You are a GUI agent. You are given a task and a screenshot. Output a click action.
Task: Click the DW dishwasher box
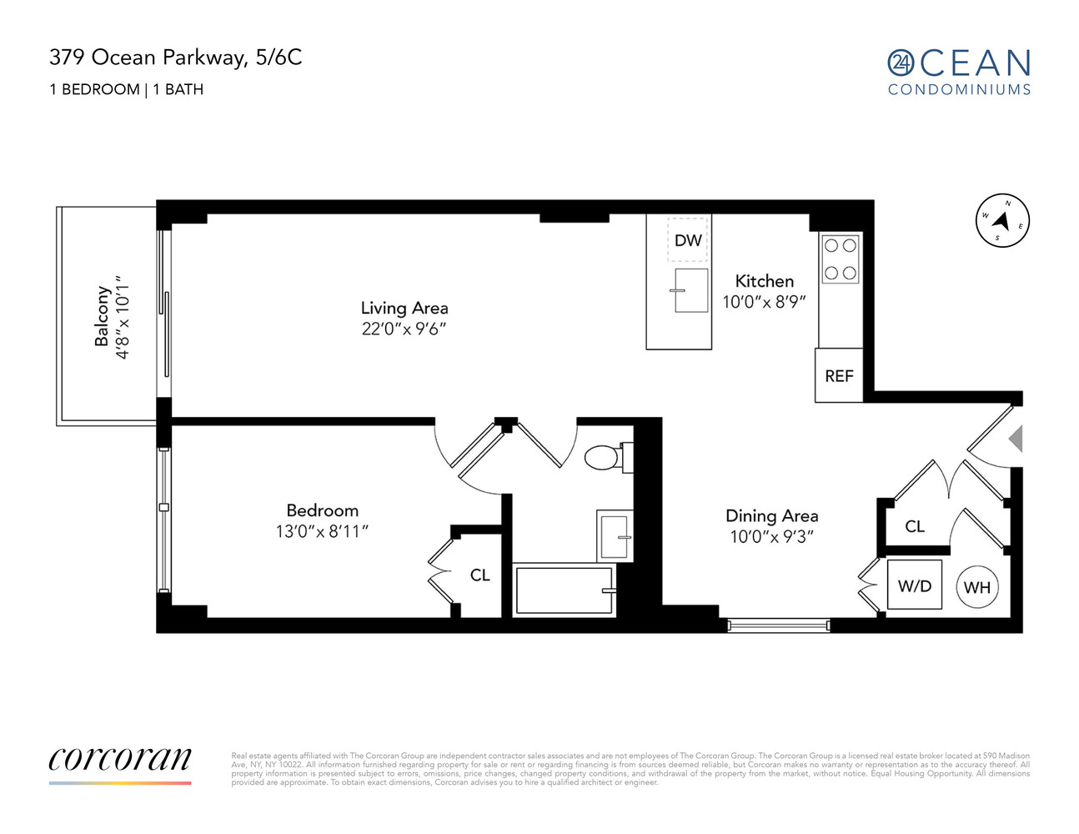[688, 239]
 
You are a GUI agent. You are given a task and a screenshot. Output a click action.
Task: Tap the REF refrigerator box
[839, 375]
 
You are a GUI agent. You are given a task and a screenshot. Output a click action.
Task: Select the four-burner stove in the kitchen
[841, 259]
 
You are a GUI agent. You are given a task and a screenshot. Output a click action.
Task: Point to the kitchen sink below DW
[691, 290]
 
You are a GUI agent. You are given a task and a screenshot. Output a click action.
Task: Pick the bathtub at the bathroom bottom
[565, 590]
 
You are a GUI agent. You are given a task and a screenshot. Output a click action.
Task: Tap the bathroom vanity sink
[615, 535]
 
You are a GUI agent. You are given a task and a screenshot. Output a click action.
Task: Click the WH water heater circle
[976, 587]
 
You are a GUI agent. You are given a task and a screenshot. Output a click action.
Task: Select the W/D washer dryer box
[914, 585]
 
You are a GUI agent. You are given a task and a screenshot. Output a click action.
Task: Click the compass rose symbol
[1002, 221]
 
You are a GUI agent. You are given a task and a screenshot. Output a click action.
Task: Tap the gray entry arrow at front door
[1016, 439]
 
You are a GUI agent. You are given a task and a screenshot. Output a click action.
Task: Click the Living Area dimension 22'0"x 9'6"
[404, 329]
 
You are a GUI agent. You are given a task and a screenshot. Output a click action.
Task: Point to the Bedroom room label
[322, 510]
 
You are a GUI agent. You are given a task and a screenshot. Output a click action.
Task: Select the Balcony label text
[103, 316]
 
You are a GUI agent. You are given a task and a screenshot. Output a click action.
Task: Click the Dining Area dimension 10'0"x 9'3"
[771, 536]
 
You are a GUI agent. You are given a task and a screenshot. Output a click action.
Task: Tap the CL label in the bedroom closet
[479, 575]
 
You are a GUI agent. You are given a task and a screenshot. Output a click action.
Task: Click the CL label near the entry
[915, 526]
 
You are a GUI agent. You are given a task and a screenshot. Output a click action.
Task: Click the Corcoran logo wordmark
[120, 759]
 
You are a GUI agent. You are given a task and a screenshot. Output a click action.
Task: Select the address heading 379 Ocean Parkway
[175, 57]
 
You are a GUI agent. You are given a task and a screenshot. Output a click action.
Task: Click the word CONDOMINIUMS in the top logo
[959, 89]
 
